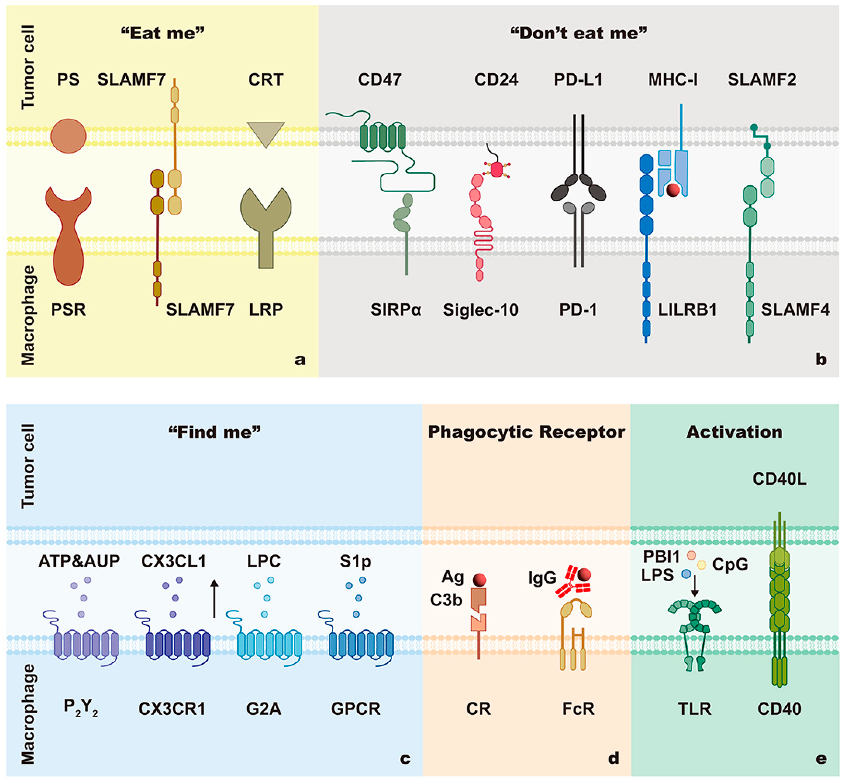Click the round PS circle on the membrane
pos(68,136)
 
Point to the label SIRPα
pos(396,310)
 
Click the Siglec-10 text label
pos(480,310)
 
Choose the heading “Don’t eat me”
pos(579,33)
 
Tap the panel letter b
pos(821,359)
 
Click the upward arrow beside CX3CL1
pos(214,598)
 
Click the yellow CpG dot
pos(702,565)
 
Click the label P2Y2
pos(81,708)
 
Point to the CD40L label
pos(779,479)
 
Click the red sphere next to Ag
pos(480,579)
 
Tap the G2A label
pos(263,708)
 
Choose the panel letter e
pos(821,758)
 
